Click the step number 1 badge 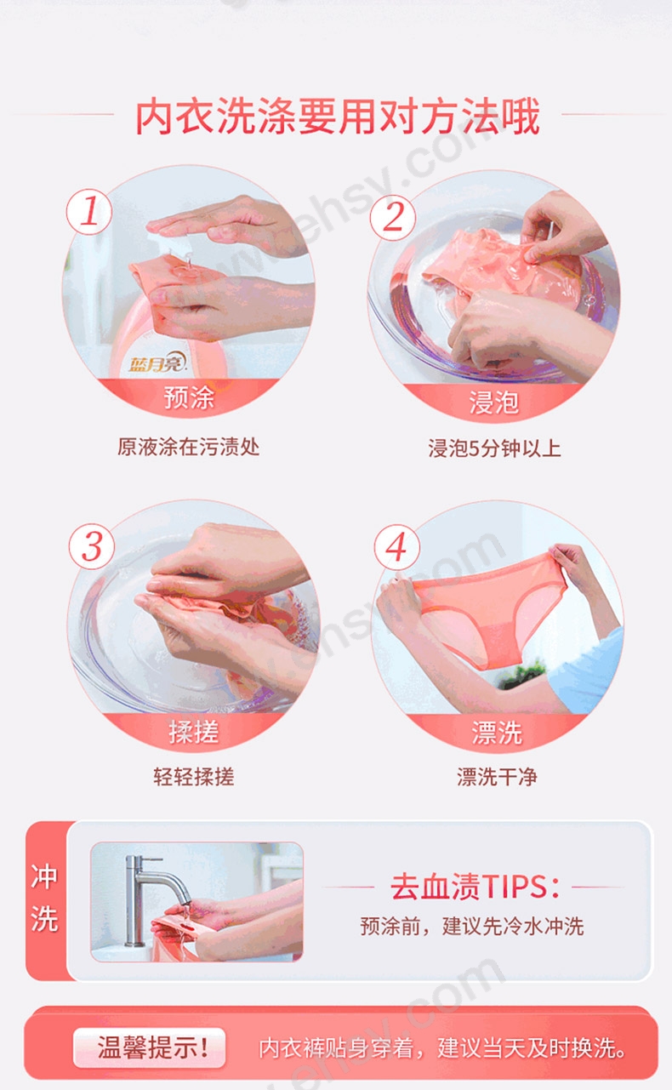pos(89,212)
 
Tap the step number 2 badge pos(393,218)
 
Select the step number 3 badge pos(92,546)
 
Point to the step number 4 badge pos(396,547)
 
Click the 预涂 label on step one pos(189,397)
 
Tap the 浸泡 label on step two pos(494,402)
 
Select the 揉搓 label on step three pos(193,732)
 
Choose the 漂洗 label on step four pos(497,733)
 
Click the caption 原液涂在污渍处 pos(189,447)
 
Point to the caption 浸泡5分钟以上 pos(494,448)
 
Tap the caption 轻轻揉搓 pos(194,777)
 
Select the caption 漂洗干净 pos(497,777)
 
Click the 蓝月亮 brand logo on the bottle pos(157,362)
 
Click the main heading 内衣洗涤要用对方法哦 pos(338,116)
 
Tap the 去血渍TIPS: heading pos(475,887)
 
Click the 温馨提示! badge pos(150,1047)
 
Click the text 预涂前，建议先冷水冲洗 pos(471,926)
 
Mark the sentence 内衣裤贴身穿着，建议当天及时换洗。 pos(442,1048)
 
